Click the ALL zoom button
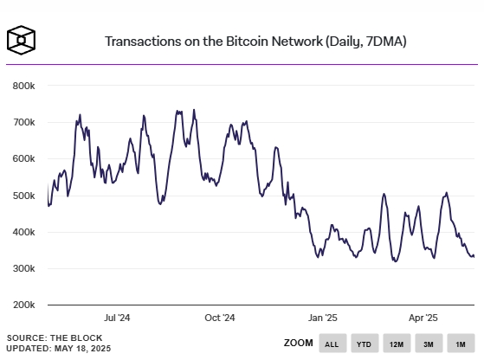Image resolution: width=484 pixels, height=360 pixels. [332, 344]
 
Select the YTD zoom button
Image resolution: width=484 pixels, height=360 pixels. [365, 344]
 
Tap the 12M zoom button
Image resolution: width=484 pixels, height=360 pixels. [397, 344]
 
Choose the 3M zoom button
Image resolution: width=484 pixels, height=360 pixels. [428, 344]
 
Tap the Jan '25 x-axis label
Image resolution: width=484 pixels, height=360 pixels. [321, 318]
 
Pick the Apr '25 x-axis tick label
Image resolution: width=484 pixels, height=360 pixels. [423, 318]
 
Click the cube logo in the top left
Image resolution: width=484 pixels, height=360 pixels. [23, 41]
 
